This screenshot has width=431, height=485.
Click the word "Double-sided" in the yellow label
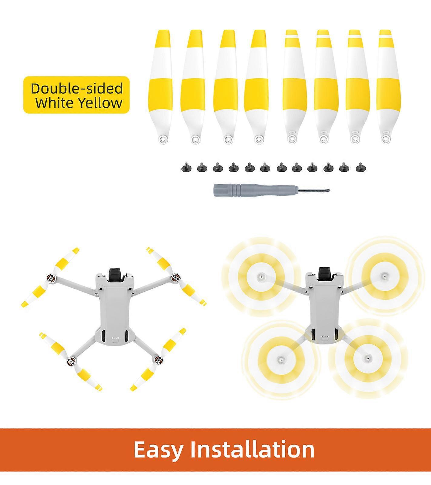(77, 88)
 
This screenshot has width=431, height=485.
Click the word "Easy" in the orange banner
(158, 449)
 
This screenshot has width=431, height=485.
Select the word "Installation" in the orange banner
(252, 448)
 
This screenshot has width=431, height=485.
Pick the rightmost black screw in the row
(360, 167)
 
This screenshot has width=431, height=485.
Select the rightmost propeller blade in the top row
(385, 86)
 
